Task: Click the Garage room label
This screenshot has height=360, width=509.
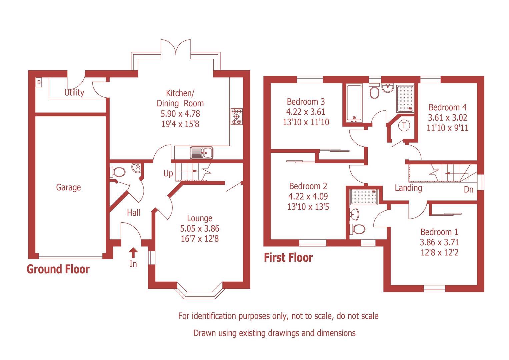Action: tap(68, 187)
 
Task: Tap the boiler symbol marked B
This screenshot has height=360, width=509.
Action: tap(39, 82)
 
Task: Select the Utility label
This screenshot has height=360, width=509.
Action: tap(74, 92)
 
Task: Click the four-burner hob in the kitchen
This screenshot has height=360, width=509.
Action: tap(237, 117)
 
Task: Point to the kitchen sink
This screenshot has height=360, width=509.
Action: tap(202, 153)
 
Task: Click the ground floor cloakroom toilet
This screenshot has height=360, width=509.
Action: tap(118, 172)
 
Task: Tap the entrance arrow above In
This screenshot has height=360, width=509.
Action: tap(133, 252)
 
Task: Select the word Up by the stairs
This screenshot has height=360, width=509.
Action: tap(168, 173)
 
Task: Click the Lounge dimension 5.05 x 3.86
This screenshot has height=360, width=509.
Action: tap(200, 229)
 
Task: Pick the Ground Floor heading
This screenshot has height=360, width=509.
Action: tap(58, 269)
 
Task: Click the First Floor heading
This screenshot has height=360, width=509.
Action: tap(288, 258)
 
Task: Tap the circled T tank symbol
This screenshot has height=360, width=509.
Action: tap(404, 126)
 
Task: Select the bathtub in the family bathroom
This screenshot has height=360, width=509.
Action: tap(354, 103)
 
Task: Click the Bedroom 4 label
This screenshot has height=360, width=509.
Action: tap(447, 107)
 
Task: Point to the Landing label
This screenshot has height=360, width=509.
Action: tap(408, 188)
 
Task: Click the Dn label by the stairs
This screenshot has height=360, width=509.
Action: tap(469, 190)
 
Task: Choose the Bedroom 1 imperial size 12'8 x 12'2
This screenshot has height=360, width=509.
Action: tap(439, 252)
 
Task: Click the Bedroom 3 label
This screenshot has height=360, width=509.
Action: tap(306, 101)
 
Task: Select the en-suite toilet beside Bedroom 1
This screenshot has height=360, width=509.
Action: tap(357, 229)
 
